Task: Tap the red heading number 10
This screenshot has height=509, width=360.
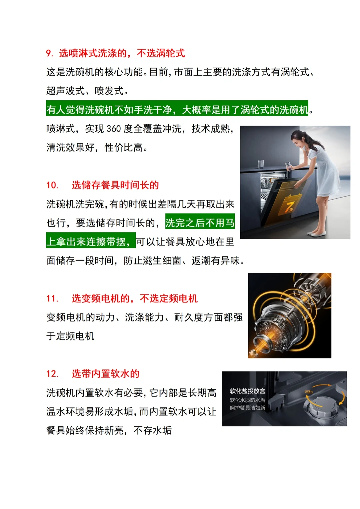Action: pyautogui.click(x=52, y=185)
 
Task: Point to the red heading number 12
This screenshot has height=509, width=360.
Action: pyautogui.click(x=52, y=374)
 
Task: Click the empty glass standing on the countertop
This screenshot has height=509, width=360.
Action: pyautogui.click(x=261, y=164)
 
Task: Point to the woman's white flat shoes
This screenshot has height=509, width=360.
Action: pyautogui.click(x=316, y=234)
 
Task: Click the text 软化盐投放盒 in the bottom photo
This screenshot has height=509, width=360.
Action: pyautogui.click(x=247, y=391)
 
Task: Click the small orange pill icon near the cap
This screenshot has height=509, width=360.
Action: pyautogui.click(x=307, y=392)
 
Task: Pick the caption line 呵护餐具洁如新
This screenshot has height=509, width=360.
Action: pyautogui.click(x=247, y=408)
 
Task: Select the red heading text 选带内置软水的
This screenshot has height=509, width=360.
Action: pyautogui.click(x=106, y=374)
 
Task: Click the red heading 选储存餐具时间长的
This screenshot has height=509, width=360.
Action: pyautogui.click(x=115, y=185)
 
